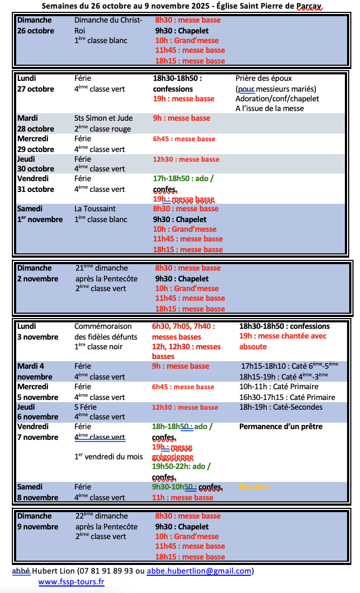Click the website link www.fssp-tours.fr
tap(71, 582)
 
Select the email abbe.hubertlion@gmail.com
tap(199, 571)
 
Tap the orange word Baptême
tap(255, 487)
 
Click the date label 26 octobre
tap(36, 31)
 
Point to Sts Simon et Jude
tap(103, 118)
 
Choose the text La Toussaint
tap(95, 209)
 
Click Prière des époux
tap(264, 78)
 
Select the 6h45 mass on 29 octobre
tap(184, 139)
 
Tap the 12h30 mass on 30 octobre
tap(186, 160)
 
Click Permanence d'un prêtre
tap(281, 426)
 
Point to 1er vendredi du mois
tap(109, 457)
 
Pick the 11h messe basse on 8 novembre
tap(183, 498)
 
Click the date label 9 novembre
tap(38, 527)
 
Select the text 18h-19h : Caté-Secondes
tap(281, 407)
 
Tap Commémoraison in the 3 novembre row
tap(103, 326)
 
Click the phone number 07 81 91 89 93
tap(105, 571)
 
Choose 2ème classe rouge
tap(102, 129)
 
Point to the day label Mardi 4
tap(31, 366)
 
